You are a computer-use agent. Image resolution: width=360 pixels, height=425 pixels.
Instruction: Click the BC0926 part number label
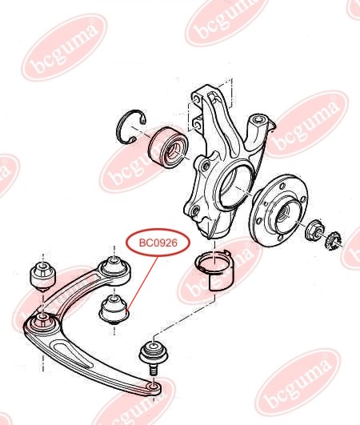(x=158, y=243)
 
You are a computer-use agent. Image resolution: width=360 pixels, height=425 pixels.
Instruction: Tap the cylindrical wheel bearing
(x=167, y=148)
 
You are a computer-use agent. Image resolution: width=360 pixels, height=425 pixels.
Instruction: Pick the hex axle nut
(x=314, y=231)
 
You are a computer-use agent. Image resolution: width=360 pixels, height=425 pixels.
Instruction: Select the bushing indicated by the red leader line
(x=114, y=311)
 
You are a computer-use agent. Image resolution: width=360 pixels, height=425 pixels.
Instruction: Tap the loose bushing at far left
(x=43, y=276)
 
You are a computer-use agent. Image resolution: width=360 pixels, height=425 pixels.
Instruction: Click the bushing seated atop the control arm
(x=115, y=271)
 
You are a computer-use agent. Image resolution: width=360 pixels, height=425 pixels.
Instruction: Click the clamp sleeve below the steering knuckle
(x=215, y=271)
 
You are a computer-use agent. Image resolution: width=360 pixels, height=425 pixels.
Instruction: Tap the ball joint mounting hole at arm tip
(x=154, y=386)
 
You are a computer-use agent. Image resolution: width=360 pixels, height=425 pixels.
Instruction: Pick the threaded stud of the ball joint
(x=154, y=370)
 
